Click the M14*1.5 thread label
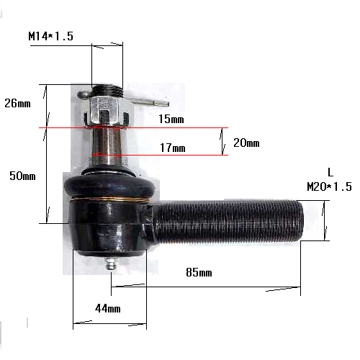tap(50, 36)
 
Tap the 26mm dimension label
tap(17, 103)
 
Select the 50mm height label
tap(22, 176)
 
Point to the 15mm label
tap(171, 119)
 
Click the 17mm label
tap(173, 148)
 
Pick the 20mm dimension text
tap(246, 143)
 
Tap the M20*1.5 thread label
tap(329, 186)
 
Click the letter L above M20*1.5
tap(330, 172)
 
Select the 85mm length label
tap(199, 272)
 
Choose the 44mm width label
tap(108, 308)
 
